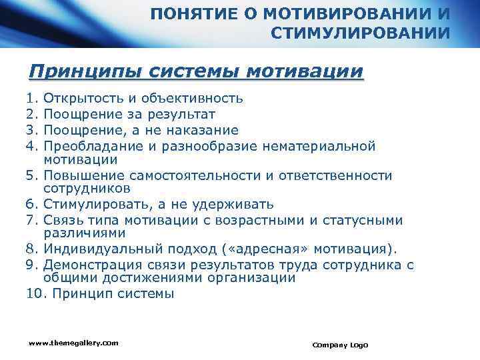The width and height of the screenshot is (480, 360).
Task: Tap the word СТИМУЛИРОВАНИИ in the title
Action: click(361, 33)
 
